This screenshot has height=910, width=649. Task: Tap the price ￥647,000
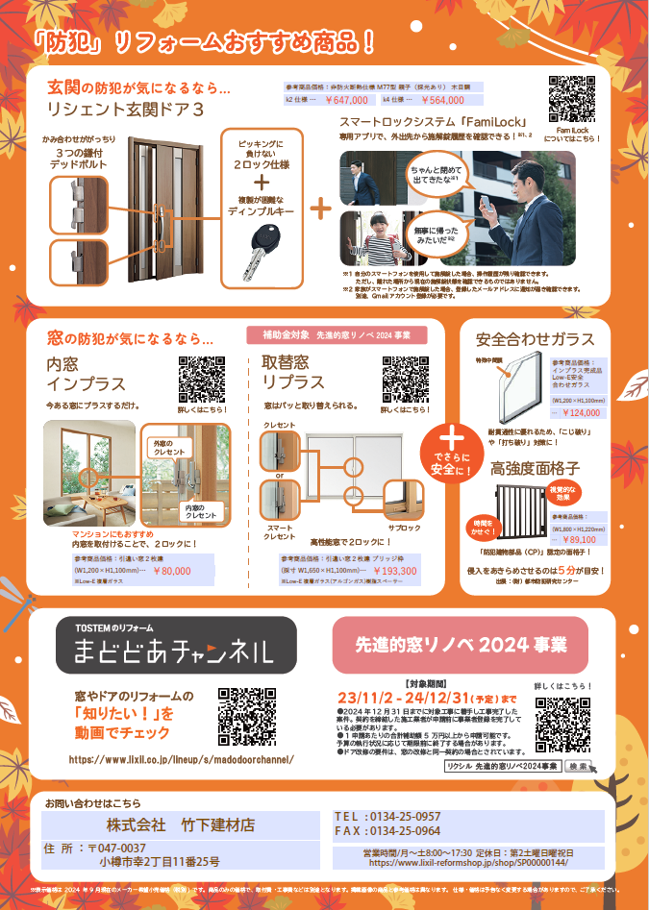click(346, 99)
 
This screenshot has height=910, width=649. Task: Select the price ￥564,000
click(442, 99)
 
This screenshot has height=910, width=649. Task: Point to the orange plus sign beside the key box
click(320, 207)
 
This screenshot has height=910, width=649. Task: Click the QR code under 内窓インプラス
click(202, 379)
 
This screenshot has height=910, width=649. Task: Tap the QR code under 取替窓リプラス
click(405, 379)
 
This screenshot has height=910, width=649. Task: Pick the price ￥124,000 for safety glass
click(580, 412)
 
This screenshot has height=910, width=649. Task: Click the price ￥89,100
click(581, 540)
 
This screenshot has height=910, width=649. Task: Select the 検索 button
click(578, 766)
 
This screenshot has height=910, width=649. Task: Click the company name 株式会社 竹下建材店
click(181, 824)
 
